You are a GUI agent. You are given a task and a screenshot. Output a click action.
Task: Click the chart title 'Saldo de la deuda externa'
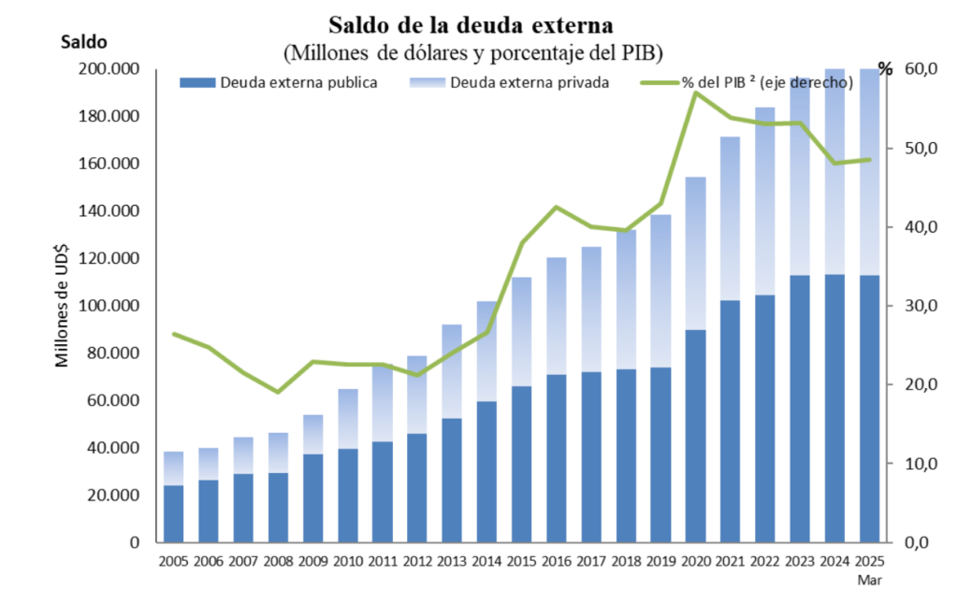tap(472, 22)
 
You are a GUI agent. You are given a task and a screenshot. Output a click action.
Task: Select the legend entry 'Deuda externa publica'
tap(298, 82)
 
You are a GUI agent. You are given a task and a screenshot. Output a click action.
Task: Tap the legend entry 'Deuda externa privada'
tap(530, 82)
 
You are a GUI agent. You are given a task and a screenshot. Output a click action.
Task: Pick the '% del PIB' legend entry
tap(766, 82)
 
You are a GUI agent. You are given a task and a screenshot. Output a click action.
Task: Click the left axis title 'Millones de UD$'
tap(63, 300)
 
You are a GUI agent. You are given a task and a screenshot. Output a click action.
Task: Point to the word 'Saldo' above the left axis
tap(83, 42)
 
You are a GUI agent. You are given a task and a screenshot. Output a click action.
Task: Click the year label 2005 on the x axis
tap(173, 562)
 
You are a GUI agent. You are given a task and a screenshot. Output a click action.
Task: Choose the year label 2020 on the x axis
tap(695, 562)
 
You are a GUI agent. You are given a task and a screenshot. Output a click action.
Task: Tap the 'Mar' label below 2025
tap(870, 579)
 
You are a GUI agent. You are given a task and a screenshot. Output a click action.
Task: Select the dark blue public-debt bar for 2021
tap(731, 421)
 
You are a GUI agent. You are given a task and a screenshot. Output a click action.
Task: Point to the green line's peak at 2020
tap(695, 93)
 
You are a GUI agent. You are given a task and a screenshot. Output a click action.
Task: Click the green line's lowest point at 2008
tap(278, 392)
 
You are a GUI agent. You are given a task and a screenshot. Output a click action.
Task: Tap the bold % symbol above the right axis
tap(885, 69)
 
